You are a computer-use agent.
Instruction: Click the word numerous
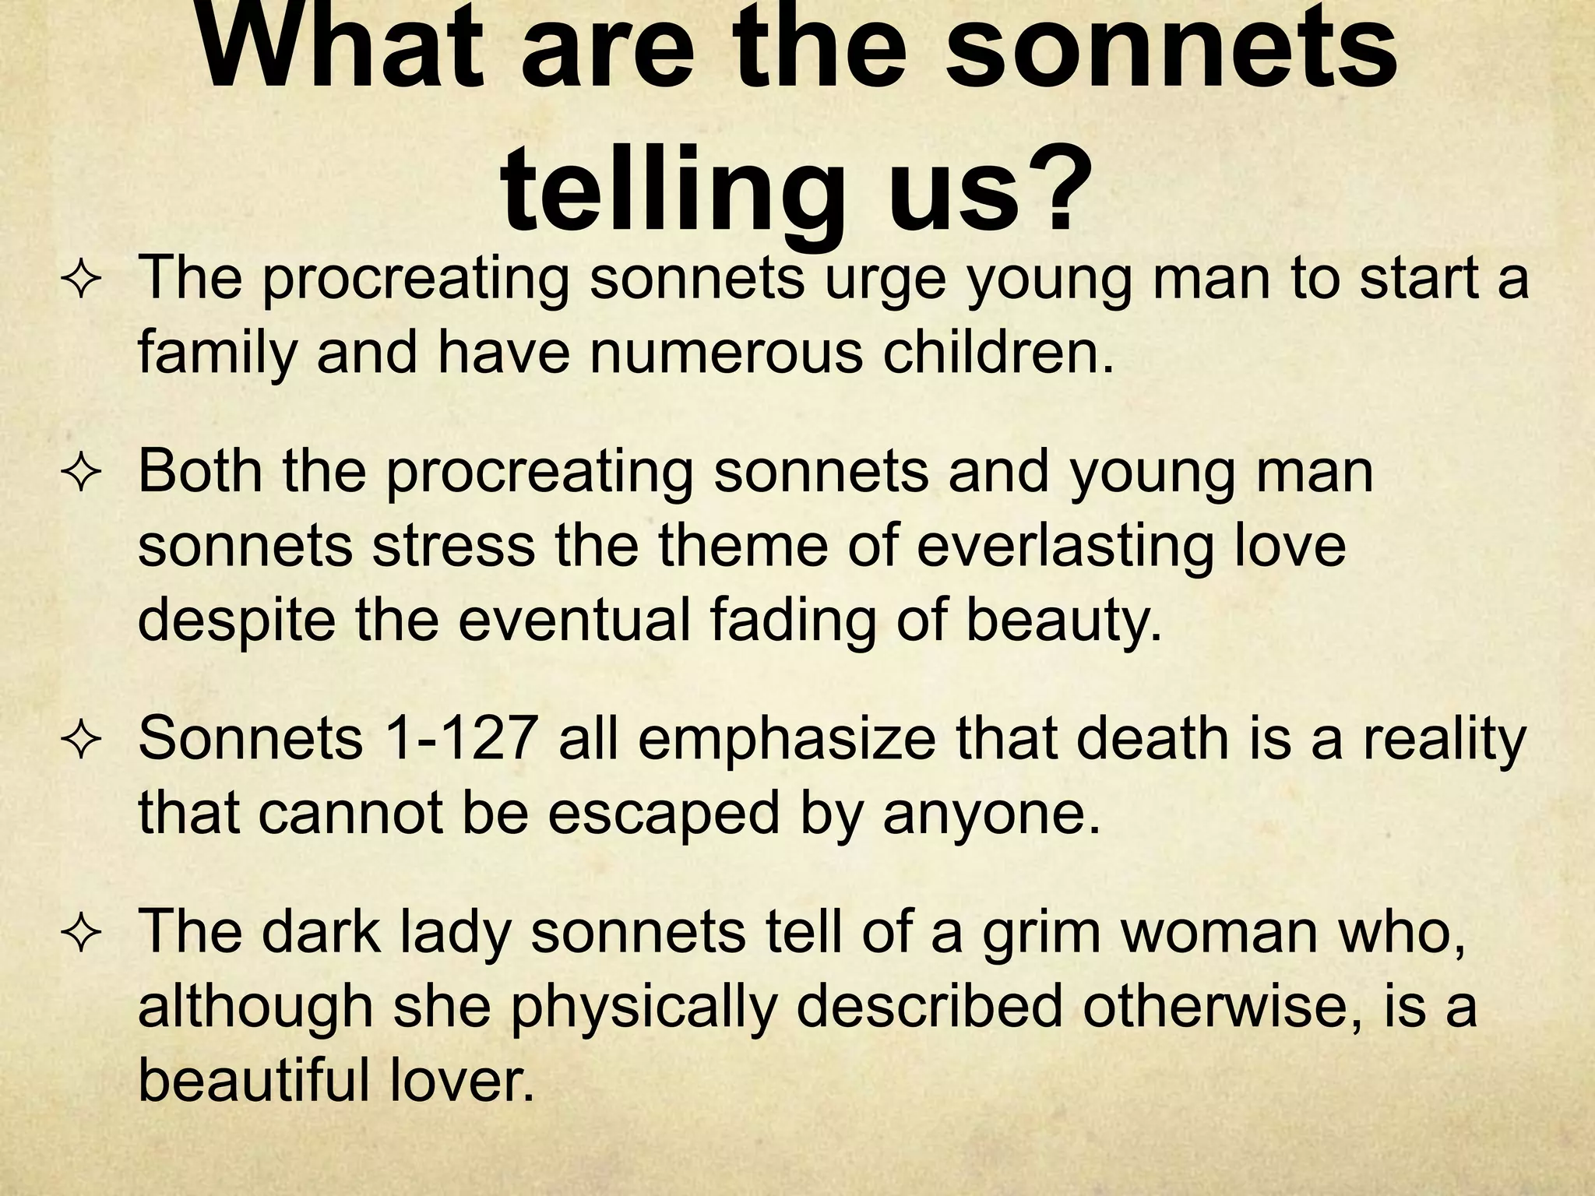726,354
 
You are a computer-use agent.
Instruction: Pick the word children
998,354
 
